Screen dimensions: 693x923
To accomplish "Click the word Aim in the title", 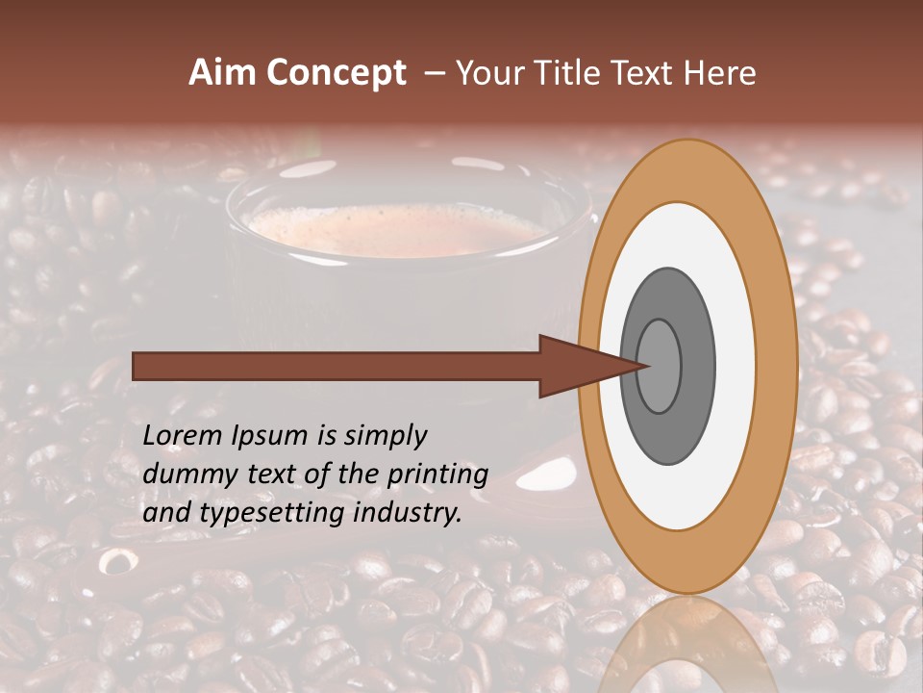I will (x=223, y=73).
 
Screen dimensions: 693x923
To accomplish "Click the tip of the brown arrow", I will (x=650, y=366).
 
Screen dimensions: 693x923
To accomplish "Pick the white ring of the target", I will (x=686, y=241).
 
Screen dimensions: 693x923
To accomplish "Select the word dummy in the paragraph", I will (x=183, y=475).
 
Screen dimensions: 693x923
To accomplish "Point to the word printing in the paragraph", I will (x=437, y=475).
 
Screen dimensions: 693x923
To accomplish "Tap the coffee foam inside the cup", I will (x=394, y=227).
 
